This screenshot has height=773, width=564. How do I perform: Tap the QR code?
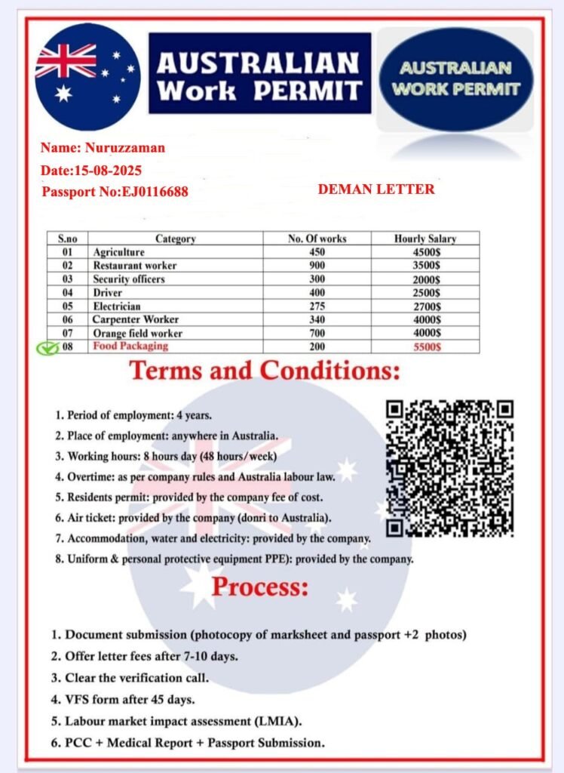pos(450,468)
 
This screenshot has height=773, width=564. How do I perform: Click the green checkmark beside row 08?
pos(48,348)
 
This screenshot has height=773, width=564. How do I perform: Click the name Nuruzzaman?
pos(124,148)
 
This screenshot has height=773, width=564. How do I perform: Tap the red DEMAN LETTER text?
pos(376,189)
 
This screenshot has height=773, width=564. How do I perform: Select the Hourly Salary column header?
pos(425,239)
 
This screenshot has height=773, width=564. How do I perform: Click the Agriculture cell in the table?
pos(118,252)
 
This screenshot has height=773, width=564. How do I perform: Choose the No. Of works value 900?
pos(317,266)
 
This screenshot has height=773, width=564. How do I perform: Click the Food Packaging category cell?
pos(130,346)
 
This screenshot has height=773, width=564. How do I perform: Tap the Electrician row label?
pos(117,306)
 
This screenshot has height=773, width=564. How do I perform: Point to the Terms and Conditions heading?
pos(265,371)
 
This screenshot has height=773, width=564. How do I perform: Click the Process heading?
pos(260,587)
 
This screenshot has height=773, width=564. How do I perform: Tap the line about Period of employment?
pos(133,415)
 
